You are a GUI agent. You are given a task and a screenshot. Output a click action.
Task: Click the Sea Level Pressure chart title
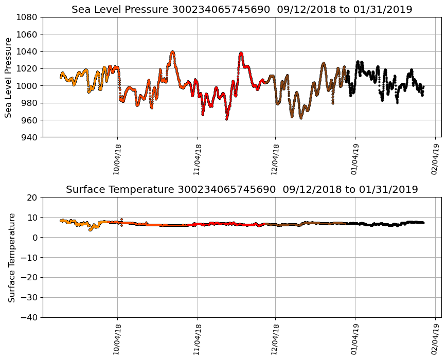pos(242,10)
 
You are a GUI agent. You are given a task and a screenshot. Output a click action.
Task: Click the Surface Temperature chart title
pos(242,190)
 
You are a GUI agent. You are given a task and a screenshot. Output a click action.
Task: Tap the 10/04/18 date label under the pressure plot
pos(117,159)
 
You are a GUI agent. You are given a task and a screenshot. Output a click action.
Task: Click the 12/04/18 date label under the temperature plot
pos(275,339)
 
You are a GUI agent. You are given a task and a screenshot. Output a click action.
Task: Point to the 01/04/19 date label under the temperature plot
pos(355,339)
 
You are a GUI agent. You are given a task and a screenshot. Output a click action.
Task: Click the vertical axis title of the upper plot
pos(9,77)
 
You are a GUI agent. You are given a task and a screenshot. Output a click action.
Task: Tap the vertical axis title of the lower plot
pos(11,257)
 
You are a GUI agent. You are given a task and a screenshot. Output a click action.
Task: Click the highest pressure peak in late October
pos(172,51)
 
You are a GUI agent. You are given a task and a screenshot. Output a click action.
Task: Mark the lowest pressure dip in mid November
pos(226,119)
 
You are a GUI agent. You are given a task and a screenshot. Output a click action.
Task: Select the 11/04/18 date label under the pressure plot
pos(198,159)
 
